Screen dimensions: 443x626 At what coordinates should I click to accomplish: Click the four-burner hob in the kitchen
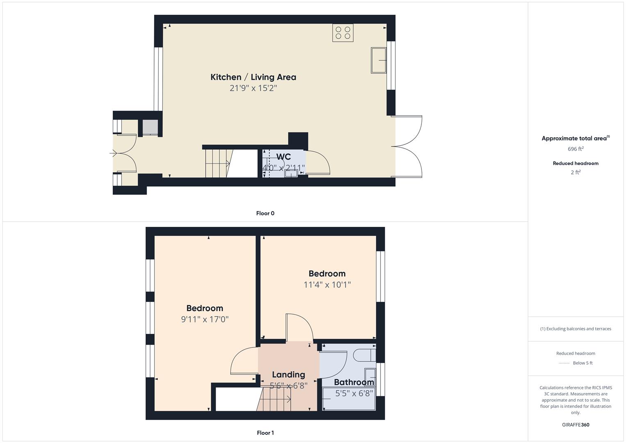(343, 33)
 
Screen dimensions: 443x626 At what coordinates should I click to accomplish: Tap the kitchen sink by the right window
(379, 60)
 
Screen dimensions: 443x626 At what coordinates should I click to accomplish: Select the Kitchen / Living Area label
(253, 77)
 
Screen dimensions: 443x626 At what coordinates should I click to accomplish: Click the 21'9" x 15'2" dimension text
(253, 88)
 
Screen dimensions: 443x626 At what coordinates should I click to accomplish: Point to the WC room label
(283, 157)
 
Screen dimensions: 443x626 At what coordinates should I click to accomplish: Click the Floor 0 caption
(265, 213)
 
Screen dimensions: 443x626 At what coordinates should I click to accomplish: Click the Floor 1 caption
(265, 433)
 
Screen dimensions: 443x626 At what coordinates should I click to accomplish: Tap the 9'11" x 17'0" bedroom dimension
(205, 319)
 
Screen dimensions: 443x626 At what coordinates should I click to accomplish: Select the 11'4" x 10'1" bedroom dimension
(327, 285)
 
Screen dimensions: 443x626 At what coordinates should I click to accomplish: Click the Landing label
(288, 374)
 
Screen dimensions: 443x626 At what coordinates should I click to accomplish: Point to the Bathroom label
(354, 382)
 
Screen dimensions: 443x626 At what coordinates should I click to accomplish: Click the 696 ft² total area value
(576, 149)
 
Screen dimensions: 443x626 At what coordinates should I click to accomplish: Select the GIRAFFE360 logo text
(576, 425)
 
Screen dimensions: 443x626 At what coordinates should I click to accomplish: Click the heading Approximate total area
(574, 139)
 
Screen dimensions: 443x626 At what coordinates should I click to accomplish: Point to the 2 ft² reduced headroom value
(576, 173)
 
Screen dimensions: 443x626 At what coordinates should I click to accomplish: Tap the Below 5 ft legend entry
(583, 363)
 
